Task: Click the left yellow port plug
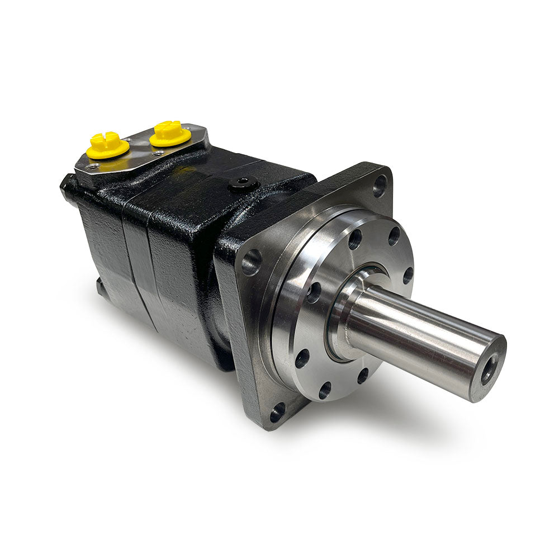coord(108,145)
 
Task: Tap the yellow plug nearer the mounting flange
coord(168,133)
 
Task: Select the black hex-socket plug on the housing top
coord(244,183)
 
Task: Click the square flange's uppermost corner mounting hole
coord(380,184)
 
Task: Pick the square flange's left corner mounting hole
coord(251,262)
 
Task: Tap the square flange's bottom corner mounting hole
coord(277,414)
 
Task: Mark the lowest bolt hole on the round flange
coord(325,390)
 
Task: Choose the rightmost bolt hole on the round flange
coord(408,275)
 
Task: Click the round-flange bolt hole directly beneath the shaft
coord(363,376)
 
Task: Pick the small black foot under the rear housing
coord(101,286)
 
